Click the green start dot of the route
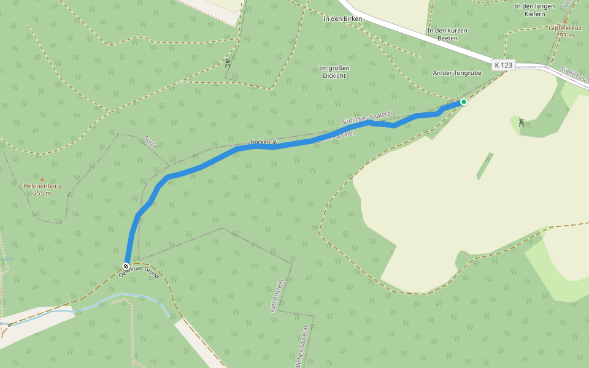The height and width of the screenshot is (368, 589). click(x=464, y=102)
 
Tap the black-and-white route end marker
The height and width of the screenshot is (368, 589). click(x=126, y=267)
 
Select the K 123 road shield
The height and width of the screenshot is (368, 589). click(x=503, y=64)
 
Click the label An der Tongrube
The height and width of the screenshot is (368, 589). click(x=457, y=73)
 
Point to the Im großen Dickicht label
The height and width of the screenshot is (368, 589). click(x=333, y=72)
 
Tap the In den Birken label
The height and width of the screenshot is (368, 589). click(x=342, y=19)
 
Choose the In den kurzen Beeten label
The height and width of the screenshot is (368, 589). click(x=447, y=34)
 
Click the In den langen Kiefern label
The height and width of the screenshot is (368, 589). click(x=534, y=10)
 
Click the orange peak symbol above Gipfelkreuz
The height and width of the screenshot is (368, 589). click(x=565, y=21)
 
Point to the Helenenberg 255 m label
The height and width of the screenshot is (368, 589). click(x=42, y=190)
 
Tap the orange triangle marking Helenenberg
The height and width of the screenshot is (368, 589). click(x=42, y=178)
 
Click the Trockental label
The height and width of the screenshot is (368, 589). click(x=263, y=142)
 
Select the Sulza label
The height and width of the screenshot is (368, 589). click(x=152, y=142)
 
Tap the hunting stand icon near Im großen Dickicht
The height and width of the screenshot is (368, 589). click(x=228, y=62)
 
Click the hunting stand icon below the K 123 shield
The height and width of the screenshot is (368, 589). click(x=521, y=122)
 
